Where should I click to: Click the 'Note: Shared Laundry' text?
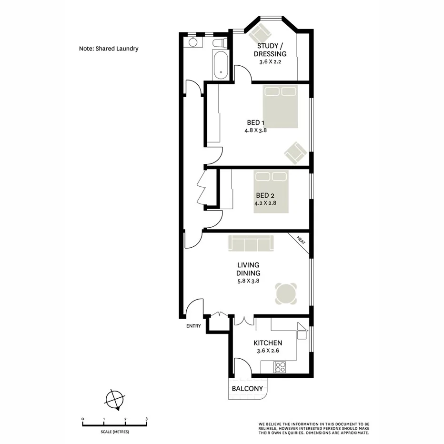[109, 49]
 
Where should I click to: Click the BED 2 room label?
[265, 195]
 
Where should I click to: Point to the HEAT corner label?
[301, 240]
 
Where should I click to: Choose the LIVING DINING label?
[249, 269]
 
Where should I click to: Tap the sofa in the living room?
[251, 243]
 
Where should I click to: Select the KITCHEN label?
[268, 343]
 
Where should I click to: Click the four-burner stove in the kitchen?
[280, 367]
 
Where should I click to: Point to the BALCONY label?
[247, 389]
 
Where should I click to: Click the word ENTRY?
[194, 327]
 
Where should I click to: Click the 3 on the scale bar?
[146, 419]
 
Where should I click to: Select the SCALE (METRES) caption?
[114, 432]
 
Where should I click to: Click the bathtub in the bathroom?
[221, 66]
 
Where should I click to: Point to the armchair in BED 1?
[295, 152]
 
